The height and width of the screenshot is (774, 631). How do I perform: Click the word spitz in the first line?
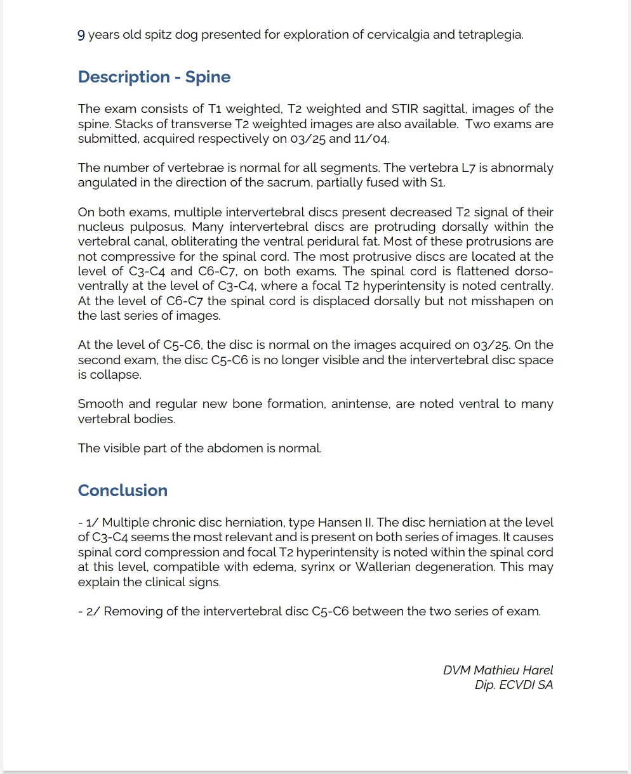149,35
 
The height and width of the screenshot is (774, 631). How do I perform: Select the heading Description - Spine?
154,77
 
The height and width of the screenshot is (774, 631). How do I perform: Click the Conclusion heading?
123,490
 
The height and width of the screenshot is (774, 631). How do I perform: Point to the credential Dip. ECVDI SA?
514,685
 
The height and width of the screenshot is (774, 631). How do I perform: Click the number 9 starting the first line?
81,35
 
